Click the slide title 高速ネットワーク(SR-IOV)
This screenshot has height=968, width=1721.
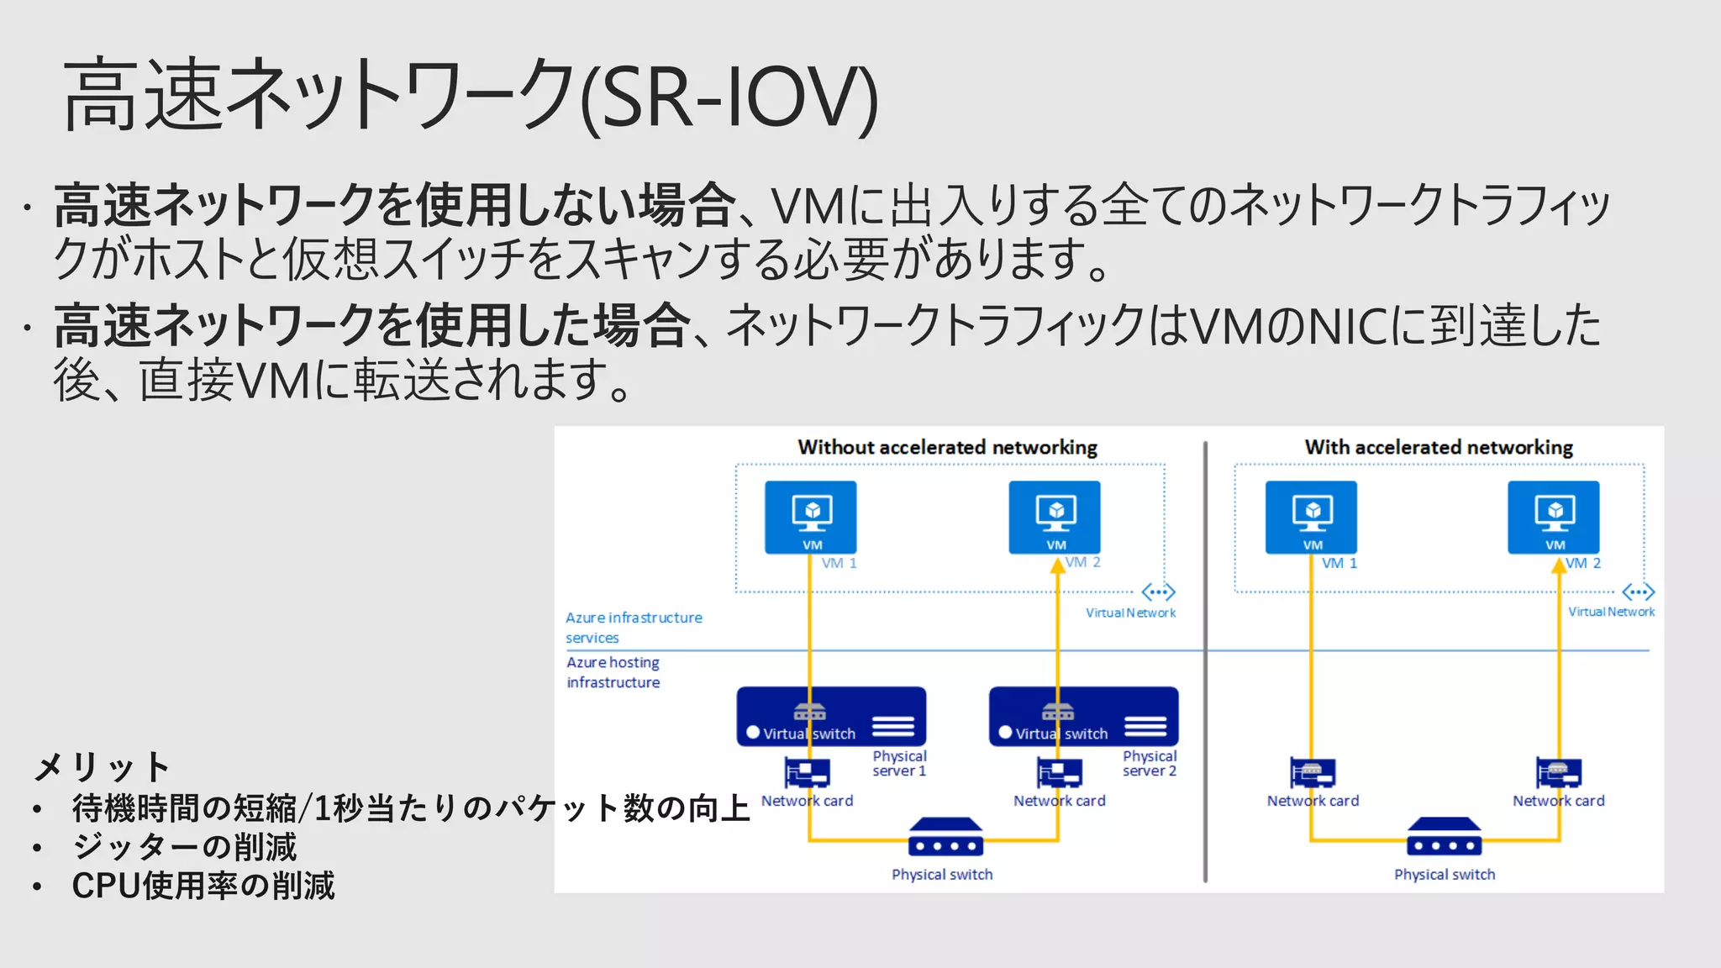(x=471, y=95)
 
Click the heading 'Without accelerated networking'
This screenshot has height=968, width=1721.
(x=947, y=447)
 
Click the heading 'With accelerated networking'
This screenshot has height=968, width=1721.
(x=1439, y=447)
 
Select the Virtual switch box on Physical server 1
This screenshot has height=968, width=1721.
(x=831, y=717)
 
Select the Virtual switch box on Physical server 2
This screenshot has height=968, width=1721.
(x=1083, y=717)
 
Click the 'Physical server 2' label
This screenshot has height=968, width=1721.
(x=1150, y=763)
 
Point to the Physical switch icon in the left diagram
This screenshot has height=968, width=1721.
(x=945, y=837)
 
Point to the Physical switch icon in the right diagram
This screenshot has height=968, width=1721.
(x=1444, y=837)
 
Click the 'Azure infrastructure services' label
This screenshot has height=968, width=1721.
(x=633, y=627)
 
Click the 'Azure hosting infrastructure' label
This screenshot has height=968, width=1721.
(x=613, y=672)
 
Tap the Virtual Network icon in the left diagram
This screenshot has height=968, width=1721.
(x=1158, y=592)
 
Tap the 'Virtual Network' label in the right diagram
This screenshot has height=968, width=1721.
(x=1611, y=612)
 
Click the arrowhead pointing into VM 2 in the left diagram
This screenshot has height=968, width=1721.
(x=1057, y=566)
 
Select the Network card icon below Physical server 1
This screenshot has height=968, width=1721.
(x=807, y=772)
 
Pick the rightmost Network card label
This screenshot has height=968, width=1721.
(x=1558, y=801)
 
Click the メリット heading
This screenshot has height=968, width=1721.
(x=102, y=766)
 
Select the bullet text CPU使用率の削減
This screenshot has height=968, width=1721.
(x=203, y=886)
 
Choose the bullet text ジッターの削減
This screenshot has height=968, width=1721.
(x=184, y=847)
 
